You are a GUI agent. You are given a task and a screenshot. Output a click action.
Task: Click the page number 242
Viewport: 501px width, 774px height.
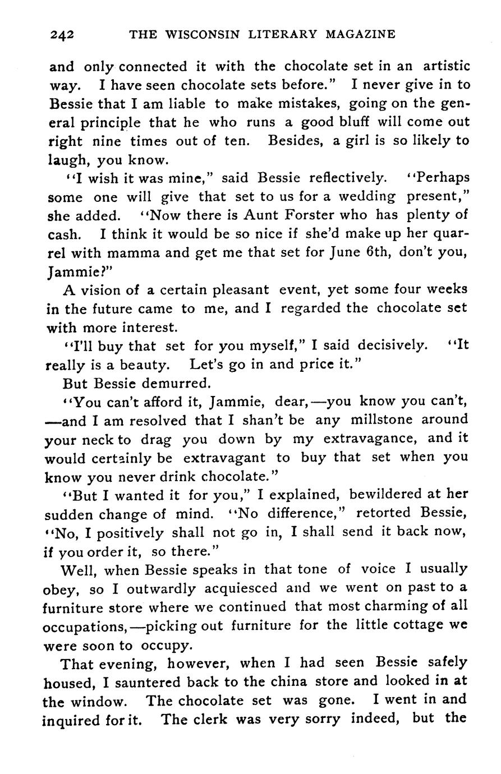[x=62, y=35]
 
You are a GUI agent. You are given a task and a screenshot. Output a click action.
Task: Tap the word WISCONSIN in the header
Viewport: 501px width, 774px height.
[x=196, y=34]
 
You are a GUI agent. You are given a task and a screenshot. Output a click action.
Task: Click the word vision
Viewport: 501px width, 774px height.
[x=102, y=290]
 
